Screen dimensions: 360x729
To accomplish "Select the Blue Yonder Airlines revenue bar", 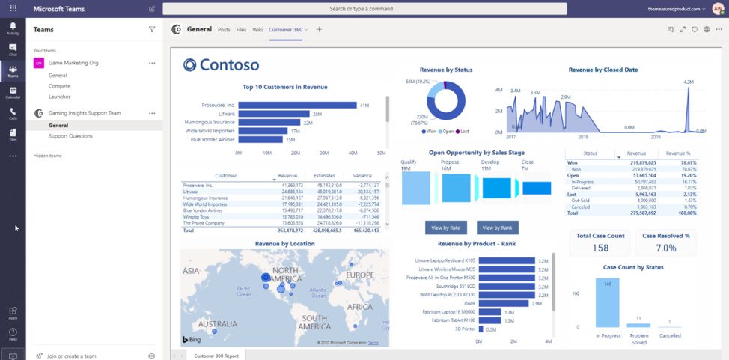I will coord(260,139).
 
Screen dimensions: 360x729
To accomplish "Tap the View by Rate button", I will coord(445,228).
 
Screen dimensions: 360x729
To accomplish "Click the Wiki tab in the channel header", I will coord(257,29).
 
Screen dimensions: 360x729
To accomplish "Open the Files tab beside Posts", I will coord(241,29).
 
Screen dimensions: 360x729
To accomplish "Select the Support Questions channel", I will coord(70,136).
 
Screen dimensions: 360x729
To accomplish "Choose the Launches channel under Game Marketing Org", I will coord(59,97).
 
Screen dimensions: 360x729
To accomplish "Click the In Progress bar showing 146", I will coord(607,302).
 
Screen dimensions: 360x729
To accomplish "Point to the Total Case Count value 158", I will coord(600,248).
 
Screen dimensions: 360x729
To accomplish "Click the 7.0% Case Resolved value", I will coord(665,248).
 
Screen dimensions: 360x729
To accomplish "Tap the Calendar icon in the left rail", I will coord(13,93).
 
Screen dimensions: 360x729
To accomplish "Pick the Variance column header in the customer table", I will coord(362,176).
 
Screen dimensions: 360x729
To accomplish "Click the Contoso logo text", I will coord(222,65).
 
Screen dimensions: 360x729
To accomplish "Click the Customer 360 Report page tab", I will coord(216,356).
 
